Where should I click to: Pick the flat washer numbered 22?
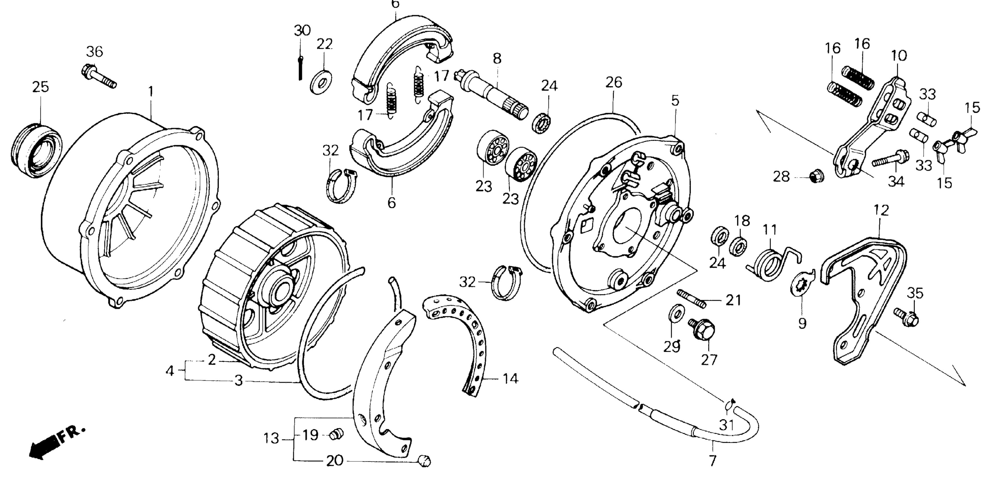pos(322,81)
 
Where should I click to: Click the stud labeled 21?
pos(692,299)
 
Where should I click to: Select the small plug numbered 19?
pos(336,435)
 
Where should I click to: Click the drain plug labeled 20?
pos(424,460)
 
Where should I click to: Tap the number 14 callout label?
pos(510,379)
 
